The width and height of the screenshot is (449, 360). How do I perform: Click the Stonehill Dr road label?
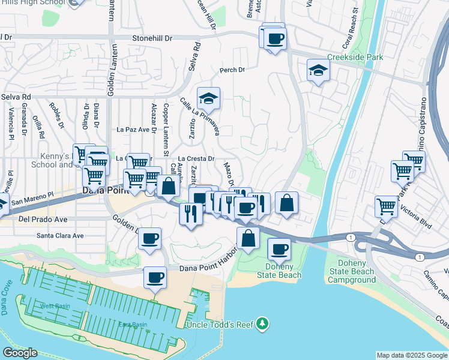[152, 38]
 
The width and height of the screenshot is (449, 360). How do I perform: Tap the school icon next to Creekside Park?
[318, 71]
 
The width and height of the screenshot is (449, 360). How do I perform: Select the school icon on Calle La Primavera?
[208, 98]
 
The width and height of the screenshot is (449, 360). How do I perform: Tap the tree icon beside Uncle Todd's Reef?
[262, 325]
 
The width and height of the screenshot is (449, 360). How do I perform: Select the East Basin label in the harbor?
[132, 325]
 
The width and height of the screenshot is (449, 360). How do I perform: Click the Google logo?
[19, 353]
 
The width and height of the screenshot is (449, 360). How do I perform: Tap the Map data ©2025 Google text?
[411, 355]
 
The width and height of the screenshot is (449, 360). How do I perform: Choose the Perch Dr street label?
[232, 70]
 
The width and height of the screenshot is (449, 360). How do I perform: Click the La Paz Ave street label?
[133, 129]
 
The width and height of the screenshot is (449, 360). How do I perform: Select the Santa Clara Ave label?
[60, 236]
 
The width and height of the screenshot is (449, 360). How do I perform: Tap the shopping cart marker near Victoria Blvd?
[386, 207]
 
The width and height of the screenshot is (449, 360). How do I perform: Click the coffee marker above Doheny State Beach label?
[279, 249]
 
